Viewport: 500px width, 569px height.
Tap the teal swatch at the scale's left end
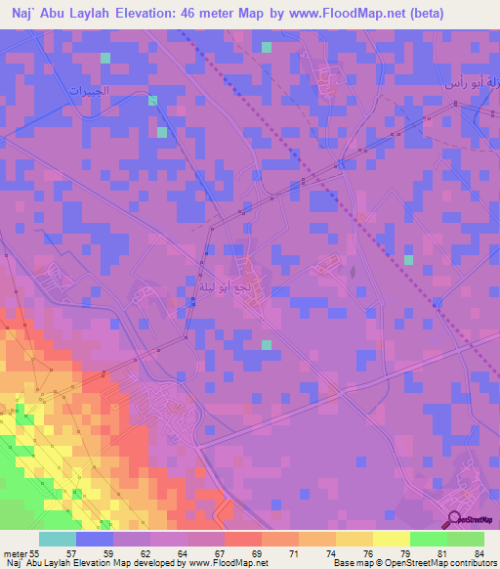pyautogui.click(x=58, y=539)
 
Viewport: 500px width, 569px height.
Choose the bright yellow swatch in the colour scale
pyautogui.click(x=391, y=539)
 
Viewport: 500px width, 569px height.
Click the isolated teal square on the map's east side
pyautogui.click(x=409, y=259)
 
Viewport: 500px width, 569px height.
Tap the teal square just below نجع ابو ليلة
pyautogui.click(x=266, y=344)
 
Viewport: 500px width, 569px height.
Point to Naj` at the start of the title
pyautogui.click(x=21, y=14)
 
